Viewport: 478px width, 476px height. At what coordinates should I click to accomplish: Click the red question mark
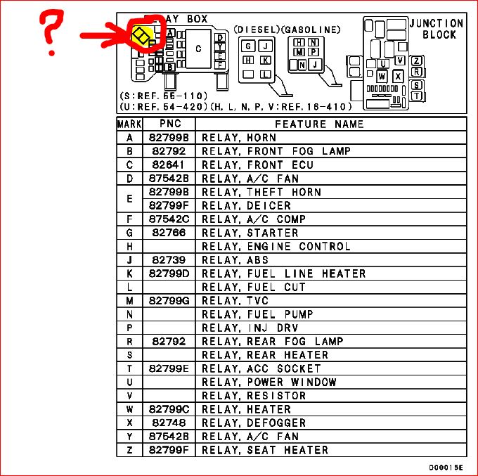click(x=51, y=32)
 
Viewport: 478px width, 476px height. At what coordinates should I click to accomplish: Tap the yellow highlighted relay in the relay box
click(x=142, y=37)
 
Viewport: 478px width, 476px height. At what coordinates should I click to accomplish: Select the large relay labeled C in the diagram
click(x=198, y=49)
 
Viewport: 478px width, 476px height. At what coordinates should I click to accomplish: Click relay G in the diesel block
click(x=248, y=46)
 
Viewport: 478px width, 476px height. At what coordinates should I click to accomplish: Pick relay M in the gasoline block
click(x=299, y=52)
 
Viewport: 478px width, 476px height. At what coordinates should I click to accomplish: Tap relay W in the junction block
click(x=382, y=76)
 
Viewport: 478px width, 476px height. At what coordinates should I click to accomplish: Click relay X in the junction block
click(x=398, y=76)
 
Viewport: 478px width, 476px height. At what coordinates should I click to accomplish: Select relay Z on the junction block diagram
click(x=416, y=60)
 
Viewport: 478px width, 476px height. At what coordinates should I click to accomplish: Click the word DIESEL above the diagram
click(x=257, y=30)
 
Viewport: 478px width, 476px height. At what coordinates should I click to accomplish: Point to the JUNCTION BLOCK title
click(x=437, y=29)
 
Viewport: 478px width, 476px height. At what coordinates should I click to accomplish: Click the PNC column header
click(x=170, y=124)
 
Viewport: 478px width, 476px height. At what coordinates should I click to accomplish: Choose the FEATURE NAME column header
click(x=319, y=124)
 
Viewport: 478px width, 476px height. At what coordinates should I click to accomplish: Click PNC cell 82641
click(x=168, y=165)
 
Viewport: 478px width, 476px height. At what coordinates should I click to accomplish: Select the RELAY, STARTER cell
click(x=250, y=233)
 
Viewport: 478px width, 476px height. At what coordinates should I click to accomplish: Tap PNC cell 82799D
click(x=169, y=274)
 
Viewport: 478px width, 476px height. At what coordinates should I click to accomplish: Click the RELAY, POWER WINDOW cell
click(x=269, y=382)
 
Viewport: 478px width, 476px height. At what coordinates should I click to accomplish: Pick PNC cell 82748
click(x=169, y=423)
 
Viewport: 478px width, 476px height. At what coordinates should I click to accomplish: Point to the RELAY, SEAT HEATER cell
click(x=265, y=450)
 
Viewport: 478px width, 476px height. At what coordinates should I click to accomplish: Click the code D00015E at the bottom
click(x=446, y=468)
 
